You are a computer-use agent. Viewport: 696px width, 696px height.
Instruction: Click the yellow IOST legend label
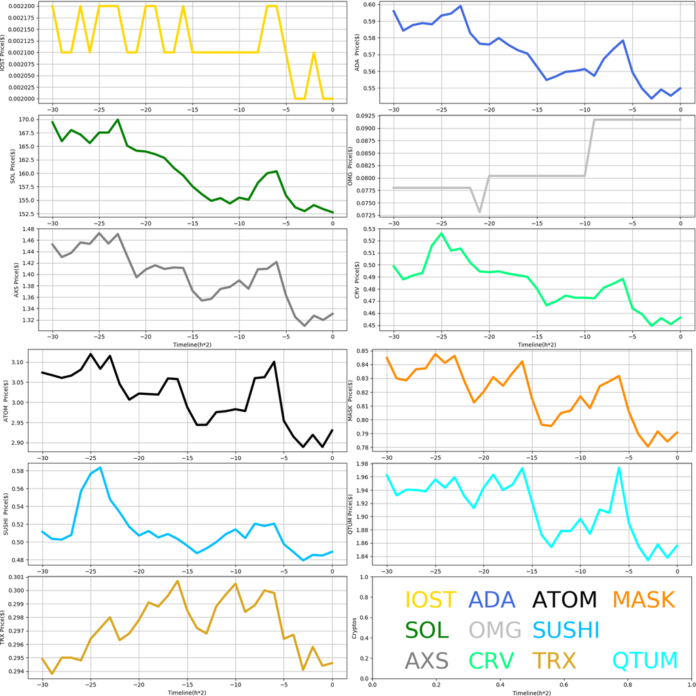(430, 600)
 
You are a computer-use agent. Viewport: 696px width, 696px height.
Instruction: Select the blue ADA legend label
(492, 600)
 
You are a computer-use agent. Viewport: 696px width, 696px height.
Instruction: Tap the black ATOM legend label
(564, 600)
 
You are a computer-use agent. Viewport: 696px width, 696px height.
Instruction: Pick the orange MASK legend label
(643, 600)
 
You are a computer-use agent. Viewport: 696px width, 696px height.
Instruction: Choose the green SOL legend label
(427, 630)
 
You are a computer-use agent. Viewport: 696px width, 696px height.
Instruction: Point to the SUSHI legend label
(565, 630)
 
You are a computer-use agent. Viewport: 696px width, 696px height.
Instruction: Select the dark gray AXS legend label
(426, 660)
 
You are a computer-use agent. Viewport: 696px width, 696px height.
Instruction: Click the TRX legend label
(554, 660)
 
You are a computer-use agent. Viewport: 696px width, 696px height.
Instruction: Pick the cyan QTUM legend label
(645, 660)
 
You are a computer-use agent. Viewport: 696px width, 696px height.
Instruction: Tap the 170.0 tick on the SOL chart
(27, 120)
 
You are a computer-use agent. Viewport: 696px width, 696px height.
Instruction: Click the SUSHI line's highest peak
(100, 468)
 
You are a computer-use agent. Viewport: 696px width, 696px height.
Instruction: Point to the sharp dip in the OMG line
(480, 212)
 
